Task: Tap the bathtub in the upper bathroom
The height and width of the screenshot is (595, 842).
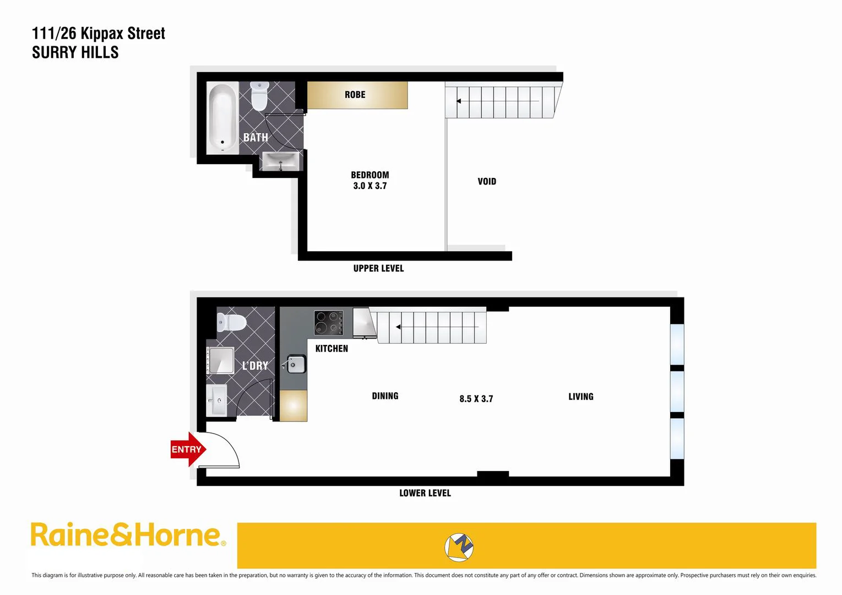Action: (222, 117)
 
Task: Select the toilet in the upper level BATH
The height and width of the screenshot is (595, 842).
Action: (259, 96)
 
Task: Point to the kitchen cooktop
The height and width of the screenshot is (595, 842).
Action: (329, 323)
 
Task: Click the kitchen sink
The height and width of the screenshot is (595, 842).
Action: (296, 364)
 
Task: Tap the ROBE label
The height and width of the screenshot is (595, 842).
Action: (355, 95)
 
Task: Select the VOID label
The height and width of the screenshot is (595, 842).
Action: (487, 181)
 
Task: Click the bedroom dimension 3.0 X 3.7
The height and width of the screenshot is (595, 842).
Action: (370, 186)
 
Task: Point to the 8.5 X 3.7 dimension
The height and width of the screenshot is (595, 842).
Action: (476, 399)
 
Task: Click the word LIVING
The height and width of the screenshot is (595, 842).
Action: (581, 397)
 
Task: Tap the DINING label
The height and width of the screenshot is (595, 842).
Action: (385, 396)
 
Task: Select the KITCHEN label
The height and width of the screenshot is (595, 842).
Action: (332, 349)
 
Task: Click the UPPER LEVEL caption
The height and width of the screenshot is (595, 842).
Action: (378, 268)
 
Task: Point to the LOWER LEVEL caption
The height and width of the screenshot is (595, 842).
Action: (425, 493)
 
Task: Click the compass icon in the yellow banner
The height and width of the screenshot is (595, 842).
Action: (459, 547)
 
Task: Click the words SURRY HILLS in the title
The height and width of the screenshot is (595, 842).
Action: (75, 52)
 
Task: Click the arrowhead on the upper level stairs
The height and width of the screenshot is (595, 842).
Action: (458, 101)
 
